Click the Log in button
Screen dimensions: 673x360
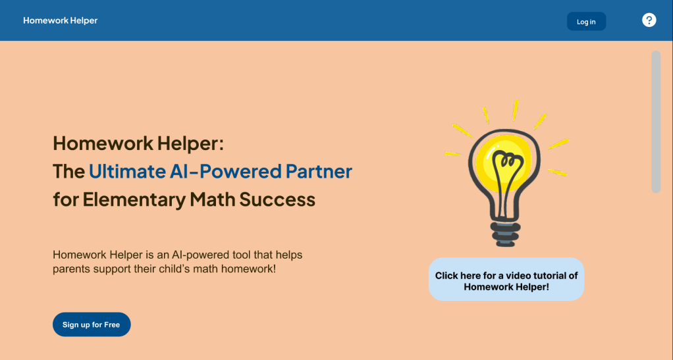click(586, 22)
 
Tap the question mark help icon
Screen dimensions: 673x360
click(649, 20)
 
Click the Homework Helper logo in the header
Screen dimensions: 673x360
click(60, 20)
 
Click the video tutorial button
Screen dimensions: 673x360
click(506, 279)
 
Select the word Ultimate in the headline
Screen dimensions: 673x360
click(127, 171)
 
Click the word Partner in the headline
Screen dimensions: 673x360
click(319, 171)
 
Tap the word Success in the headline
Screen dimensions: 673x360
click(277, 199)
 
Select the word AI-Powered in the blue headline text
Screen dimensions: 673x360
click(225, 171)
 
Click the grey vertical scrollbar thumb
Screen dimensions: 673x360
click(656, 122)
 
